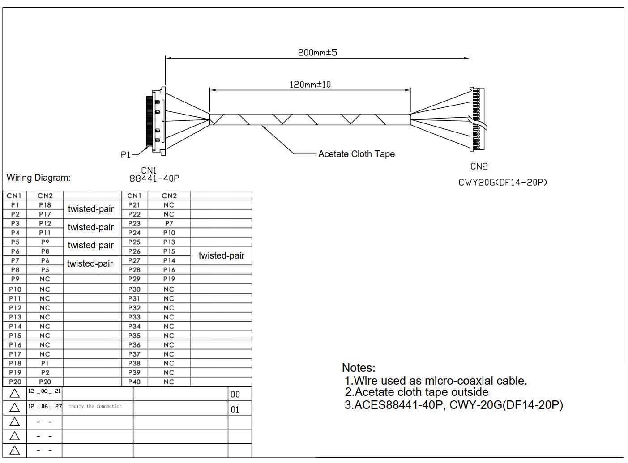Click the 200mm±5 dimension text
pyautogui.click(x=317, y=52)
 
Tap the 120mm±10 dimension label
pyautogui.click(x=310, y=85)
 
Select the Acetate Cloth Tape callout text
pyautogui.click(x=356, y=154)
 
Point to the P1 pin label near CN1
pyautogui.click(x=125, y=155)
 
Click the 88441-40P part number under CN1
pyautogui.click(x=154, y=178)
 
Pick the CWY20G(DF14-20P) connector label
pyautogui.click(x=503, y=183)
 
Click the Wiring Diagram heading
pyautogui.click(x=38, y=178)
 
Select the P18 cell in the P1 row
pyautogui.click(x=45, y=205)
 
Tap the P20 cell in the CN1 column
pyautogui.click(x=15, y=382)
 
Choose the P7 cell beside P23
pyautogui.click(x=169, y=223)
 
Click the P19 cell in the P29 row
pyautogui.click(x=169, y=279)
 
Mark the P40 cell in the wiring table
pyautogui.click(x=134, y=382)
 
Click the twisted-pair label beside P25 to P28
pyautogui.click(x=221, y=255)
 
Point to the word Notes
pyautogui.click(x=359, y=368)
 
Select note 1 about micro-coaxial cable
pyautogui.click(x=436, y=381)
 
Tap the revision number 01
pyautogui.click(x=235, y=410)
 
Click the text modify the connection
pyautogui.click(x=95, y=406)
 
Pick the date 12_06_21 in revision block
pyautogui.click(x=44, y=391)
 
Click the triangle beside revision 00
pyautogui.click(x=15, y=394)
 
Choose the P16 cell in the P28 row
pyautogui.click(x=169, y=270)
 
